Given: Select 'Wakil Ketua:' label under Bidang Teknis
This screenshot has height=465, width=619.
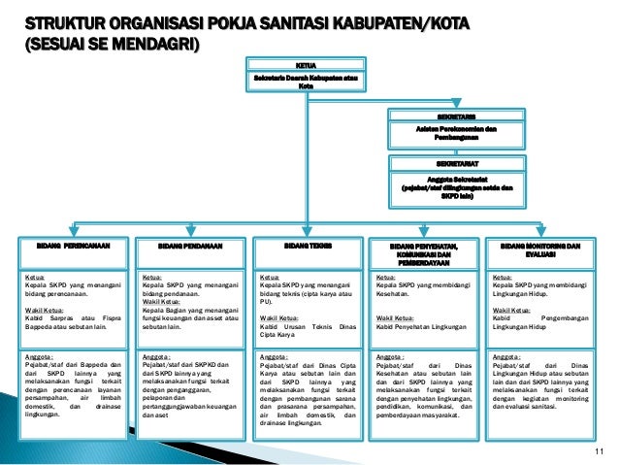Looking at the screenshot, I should (x=279, y=317).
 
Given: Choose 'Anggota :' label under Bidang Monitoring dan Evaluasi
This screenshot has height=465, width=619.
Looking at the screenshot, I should (x=509, y=356).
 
